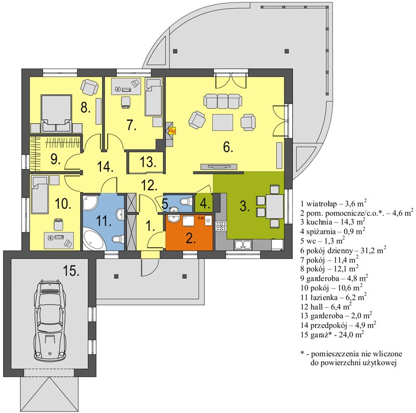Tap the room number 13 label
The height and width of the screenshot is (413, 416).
point(148,162)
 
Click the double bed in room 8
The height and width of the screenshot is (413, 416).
point(56,113)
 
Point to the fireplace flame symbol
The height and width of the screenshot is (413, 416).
point(173,131)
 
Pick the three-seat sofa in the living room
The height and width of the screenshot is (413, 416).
point(223,101)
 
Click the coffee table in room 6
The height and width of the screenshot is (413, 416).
point(223,122)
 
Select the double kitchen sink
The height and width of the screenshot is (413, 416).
point(243,244)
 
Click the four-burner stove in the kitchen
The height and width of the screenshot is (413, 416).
point(220,226)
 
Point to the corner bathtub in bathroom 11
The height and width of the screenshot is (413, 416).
point(94,240)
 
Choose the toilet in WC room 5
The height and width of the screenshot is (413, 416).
point(186,201)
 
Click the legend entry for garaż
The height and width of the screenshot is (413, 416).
point(332,334)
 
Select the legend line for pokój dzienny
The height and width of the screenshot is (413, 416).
point(343,250)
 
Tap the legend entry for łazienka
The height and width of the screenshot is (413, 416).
point(334,297)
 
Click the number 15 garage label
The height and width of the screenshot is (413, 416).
point(71,271)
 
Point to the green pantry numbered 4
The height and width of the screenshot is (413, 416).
point(204,203)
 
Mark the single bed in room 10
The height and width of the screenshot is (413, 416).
point(40,195)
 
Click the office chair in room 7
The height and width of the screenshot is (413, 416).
point(126,102)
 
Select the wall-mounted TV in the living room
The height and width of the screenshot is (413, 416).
point(218,166)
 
